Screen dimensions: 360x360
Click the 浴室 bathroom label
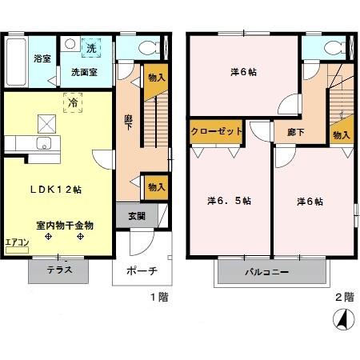pos(42,58)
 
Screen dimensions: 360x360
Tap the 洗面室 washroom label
pos(83,72)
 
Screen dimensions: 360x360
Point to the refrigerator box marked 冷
pos(73,102)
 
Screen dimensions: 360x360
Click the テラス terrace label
pos(59,270)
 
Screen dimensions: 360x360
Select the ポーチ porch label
pos(142,270)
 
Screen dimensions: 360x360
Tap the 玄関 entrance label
pos(137,215)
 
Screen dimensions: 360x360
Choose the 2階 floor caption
pos(342,297)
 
